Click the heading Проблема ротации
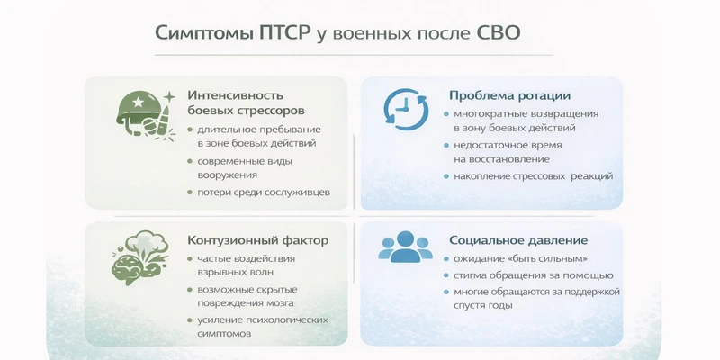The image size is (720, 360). point(509,95)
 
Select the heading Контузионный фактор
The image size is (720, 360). point(257,240)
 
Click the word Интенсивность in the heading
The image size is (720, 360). point(236,95)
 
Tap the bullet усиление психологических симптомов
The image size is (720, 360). point(256,327)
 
